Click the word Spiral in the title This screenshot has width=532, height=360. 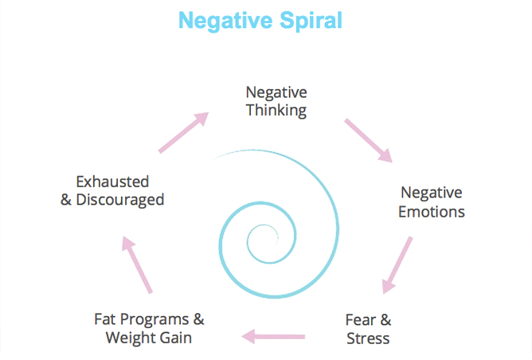click(311, 20)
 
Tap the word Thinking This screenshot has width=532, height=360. click(276, 110)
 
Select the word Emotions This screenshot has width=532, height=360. click(431, 212)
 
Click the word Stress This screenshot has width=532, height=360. click(368, 338)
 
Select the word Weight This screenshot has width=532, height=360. click(130, 338)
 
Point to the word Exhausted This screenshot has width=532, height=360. click(112, 181)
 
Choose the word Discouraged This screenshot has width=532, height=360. click(120, 199)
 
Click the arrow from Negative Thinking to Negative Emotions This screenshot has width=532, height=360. click(369, 140)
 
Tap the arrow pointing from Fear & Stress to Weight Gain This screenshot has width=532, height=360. click(273, 336)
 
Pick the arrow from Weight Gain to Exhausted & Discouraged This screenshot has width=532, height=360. click(136, 265)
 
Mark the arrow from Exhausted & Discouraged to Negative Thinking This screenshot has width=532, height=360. click(184, 131)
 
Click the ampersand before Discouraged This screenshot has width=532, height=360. click(66, 199)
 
